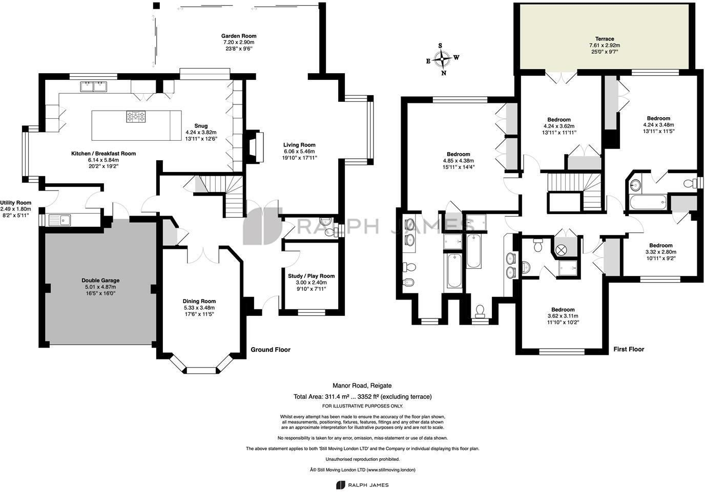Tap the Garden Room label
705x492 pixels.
click(238, 36)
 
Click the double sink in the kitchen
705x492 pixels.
click(93, 87)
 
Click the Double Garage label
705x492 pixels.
click(100, 281)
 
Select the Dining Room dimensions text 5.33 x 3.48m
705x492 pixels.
click(199, 308)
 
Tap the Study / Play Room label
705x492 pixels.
click(311, 276)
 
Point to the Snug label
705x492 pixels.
click(201, 126)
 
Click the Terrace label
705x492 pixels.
click(605, 39)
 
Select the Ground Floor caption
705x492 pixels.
click(270, 350)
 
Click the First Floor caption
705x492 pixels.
click(629, 349)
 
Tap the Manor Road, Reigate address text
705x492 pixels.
click(362, 386)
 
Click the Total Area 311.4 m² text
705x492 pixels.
click(362, 396)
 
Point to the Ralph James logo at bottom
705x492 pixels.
click(362, 485)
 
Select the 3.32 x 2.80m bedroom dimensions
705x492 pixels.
click(660, 252)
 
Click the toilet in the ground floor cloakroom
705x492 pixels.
click(335, 231)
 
